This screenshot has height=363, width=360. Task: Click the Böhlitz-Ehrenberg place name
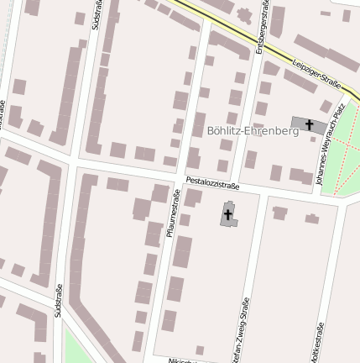pos(252,131)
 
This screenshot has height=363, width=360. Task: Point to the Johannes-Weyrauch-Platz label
pos(329,145)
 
